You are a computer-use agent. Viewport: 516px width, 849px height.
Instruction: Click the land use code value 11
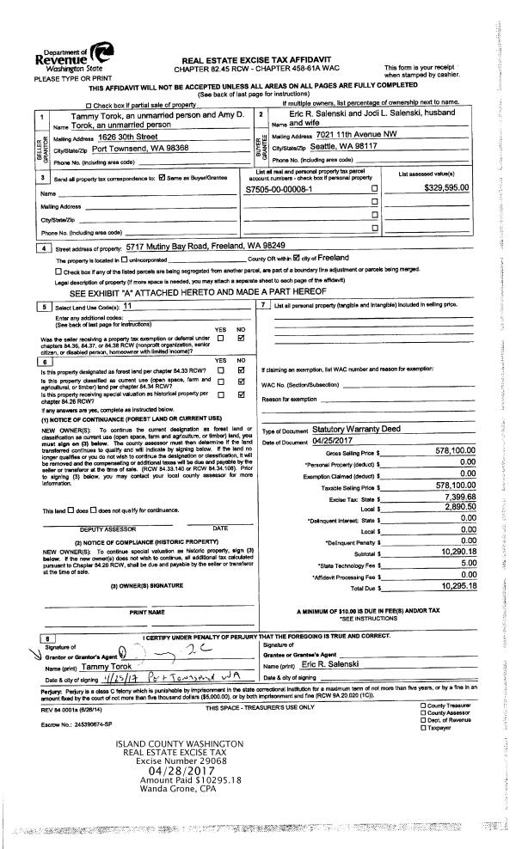pos(127,306)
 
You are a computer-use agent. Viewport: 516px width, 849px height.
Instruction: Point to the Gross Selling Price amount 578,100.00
pos(455,450)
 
